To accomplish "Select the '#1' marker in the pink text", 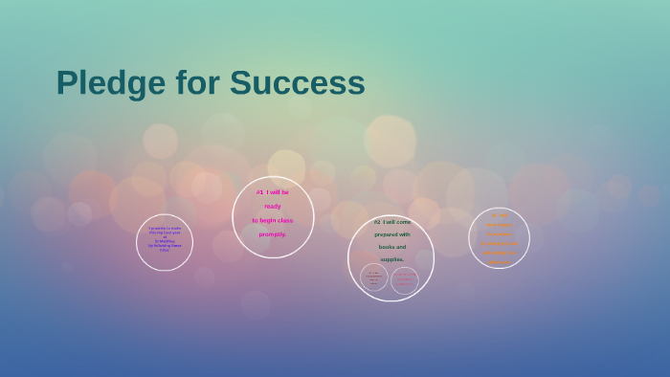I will [x=259, y=192].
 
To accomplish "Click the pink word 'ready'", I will [x=273, y=206].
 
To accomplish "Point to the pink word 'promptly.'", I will [x=273, y=234].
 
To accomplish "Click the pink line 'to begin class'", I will [x=273, y=220].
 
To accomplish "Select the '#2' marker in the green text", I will [x=377, y=222].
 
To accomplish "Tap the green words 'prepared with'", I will [x=392, y=234].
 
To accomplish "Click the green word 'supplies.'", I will [x=392, y=259].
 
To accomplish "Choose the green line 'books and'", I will [x=392, y=247].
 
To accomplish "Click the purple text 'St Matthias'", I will [x=165, y=240].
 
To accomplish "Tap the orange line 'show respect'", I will [x=500, y=224].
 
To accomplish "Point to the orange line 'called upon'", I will [x=500, y=262].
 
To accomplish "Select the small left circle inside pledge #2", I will [x=374, y=277].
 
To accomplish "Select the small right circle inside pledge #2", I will [x=405, y=280].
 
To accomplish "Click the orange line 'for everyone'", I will [x=500, y=233].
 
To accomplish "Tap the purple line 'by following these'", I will [x=165, y=245].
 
